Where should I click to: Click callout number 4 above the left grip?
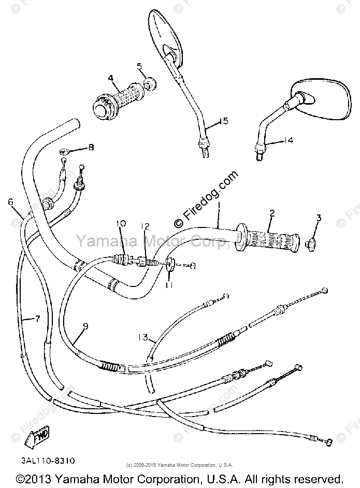[110, 78]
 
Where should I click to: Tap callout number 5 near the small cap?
[139, 66]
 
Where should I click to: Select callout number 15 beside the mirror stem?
[223, 121]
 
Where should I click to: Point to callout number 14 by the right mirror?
[288, 140]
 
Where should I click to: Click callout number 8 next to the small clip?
[91, 148]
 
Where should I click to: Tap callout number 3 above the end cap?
[319, 218]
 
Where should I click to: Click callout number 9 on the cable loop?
[85, 326]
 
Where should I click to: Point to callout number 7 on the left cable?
[37, 319]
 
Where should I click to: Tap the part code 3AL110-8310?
[49, 460]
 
